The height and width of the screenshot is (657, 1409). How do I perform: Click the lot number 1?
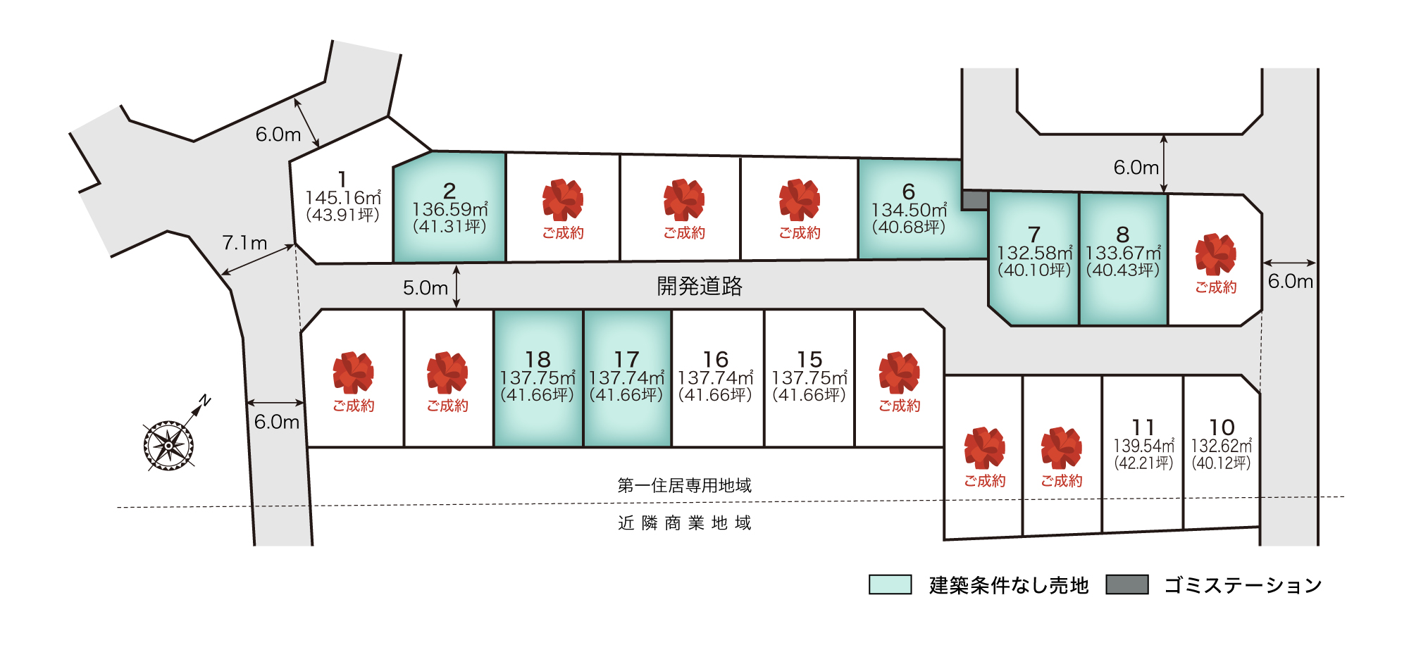pyautogui.click(x=342, y=180)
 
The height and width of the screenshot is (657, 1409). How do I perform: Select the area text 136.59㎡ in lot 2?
pyautogui.click(x=449, y=210)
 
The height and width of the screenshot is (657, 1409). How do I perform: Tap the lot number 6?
pyautogui.click(x=909, y=192)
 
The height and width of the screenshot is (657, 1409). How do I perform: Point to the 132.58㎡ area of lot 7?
pyautogui.click(x=1034, y=253)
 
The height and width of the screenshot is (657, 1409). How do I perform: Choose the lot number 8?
pyautogui.click(x=1123, y=234)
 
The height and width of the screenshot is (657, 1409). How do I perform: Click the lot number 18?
pyautogui.click(x=538, y=360)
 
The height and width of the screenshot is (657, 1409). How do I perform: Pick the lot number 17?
pyautogui.click(x=626, y=360)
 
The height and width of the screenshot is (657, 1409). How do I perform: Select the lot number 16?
pyautogui.click(x=715, y=360)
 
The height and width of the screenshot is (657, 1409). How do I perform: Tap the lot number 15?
pyautogui.click(x=809, y=360)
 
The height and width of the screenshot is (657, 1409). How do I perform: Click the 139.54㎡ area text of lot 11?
pyautogui.click(x=1143, y=446)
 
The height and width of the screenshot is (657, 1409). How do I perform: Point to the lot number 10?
pyautogui.click(x=1222, y=427)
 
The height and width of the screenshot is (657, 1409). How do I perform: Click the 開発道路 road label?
pyautogui.click(x=700, y=286)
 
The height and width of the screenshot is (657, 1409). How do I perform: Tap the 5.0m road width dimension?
pyautogui.click(x=425, y=288)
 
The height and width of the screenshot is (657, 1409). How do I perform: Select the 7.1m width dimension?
pyautogui.click(x=244, y=243)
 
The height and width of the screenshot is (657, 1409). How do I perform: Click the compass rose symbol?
pyautogui.click(x=169, y=445)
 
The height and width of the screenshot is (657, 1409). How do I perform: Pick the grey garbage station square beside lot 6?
pyautogui.click(x=975, y=200)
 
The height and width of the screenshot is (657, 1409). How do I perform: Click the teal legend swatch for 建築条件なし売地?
pyautogui.click(x=890, y=584)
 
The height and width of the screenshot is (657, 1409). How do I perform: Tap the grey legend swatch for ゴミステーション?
pyautogui.click(x=1126, y=584)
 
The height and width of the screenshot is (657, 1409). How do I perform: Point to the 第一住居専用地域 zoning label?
pyautogui.click(x=684, y=485)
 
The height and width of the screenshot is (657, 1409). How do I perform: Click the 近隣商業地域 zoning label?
pyautogui.click(x=684, y=523)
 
